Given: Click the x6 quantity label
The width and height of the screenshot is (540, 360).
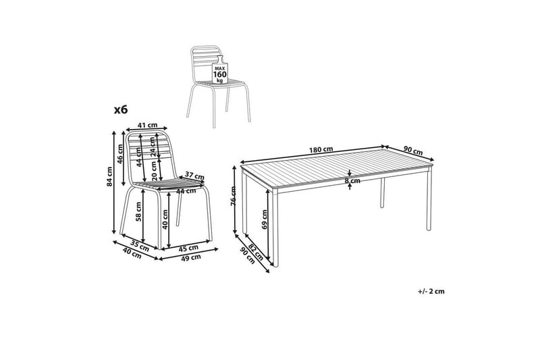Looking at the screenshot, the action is (x=121, y=109).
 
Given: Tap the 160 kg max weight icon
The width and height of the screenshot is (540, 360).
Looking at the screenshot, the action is (x=219, y=70).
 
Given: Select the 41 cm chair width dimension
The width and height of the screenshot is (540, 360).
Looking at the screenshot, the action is (x=147, y=126).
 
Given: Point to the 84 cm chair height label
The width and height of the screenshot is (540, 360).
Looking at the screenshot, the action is (x=109, y=177).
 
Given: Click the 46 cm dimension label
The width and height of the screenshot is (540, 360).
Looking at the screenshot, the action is (x=120, y=153).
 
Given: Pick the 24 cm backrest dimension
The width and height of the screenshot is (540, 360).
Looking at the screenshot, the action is (x=153, y=147).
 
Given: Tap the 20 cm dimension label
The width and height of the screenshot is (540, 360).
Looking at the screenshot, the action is (x=155, y=171).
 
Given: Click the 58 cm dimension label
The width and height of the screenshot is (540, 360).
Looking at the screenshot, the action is (x=138, y=211).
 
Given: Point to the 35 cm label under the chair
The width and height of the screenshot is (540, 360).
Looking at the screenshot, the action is (x=140, y=245).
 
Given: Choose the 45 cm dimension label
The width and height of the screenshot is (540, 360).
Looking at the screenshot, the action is (x=188, y=248).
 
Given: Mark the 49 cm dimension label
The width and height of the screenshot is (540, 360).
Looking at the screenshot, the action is (x=191, y=257).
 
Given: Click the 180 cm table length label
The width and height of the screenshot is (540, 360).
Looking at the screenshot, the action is (x=321, y=150).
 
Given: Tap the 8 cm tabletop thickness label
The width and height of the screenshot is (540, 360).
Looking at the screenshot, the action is (x=352, y=180).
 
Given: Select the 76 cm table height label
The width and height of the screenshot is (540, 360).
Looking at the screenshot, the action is (x=234, y=196).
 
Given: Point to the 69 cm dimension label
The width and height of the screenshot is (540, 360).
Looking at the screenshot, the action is (x=265, y=220).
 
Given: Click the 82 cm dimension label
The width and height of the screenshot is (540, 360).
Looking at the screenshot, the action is (x=256, y=252).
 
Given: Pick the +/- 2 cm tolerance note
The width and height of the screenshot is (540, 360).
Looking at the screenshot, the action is (x=431, y=292).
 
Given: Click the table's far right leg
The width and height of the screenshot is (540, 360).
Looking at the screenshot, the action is (x=429, y=199).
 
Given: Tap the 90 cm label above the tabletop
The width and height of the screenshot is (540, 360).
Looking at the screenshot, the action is (x=413, y=150).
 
